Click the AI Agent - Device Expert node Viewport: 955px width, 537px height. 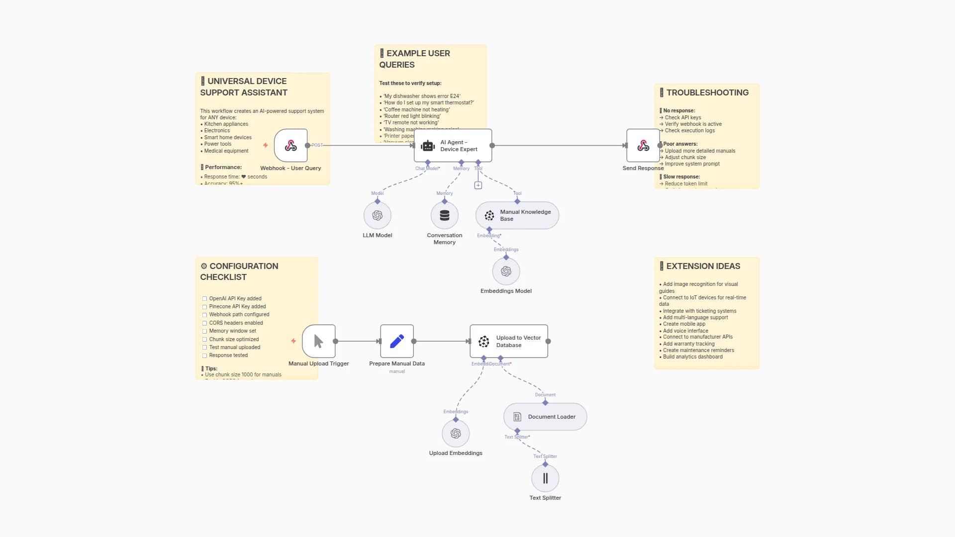pos(453,146)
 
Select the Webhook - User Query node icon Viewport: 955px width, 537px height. pos(291,146)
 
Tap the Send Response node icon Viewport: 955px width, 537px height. pos(643,146)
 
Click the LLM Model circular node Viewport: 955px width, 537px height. pos(378,215)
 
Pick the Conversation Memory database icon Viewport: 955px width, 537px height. pos(445,215)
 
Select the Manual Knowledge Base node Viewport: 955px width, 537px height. pos(517,215)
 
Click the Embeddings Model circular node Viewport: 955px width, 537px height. pos(506,271)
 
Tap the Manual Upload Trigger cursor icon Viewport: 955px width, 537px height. pos(319,341)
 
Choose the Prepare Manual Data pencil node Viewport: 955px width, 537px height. pos(397,341)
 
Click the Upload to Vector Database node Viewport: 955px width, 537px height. pos(509,341)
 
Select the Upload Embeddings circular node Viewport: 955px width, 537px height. pos(456,434)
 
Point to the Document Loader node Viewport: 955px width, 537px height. pos(545,417)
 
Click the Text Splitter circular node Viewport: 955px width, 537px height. pos(545,478)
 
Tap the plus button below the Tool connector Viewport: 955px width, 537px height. pos(478,185)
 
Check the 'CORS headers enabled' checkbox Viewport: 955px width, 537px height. pos(204,323)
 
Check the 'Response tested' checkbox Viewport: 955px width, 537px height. pos(204,356)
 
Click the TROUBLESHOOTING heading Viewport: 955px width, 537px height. pos(707,92)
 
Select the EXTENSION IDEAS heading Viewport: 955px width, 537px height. pos(703,266)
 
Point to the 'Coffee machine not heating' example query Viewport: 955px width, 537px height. pos(416,109)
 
